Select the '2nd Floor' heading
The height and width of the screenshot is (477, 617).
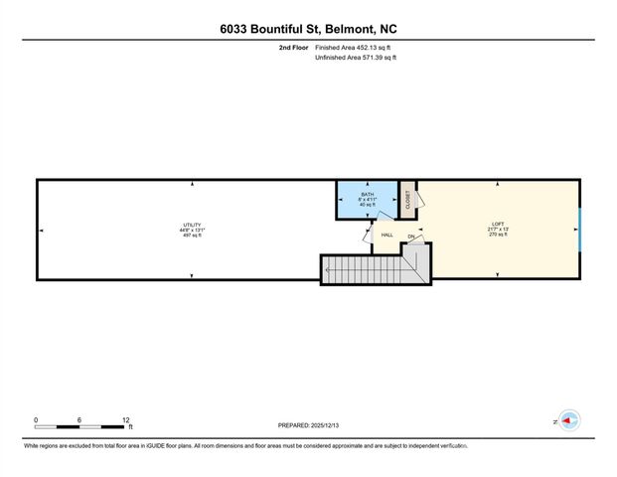295,48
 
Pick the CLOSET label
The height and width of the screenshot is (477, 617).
407,198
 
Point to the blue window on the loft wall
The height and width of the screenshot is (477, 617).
579,230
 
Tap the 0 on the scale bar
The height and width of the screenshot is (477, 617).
37,419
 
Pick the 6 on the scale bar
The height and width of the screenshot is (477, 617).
81,419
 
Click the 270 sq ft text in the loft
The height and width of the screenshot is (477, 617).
499,235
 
